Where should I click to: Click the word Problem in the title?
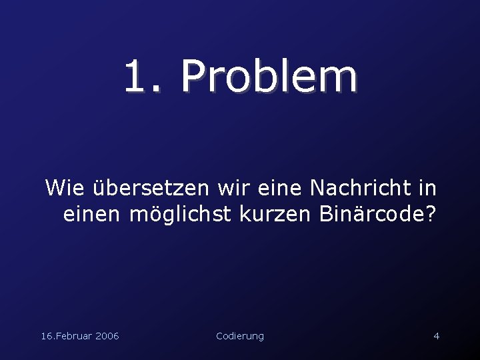269,77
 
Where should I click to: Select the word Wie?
65,188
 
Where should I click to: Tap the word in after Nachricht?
427,188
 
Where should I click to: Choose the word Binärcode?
371,215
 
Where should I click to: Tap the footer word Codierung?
240,336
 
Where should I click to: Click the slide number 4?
436,336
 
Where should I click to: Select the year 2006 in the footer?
107,336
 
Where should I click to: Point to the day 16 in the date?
47,336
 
